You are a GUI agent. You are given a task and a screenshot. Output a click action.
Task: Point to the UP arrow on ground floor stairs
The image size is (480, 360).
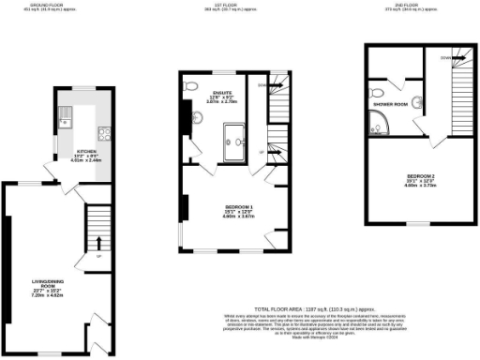click(x=98, y=254)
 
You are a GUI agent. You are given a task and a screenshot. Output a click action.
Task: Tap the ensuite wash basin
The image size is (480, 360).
click(x=195, y=118)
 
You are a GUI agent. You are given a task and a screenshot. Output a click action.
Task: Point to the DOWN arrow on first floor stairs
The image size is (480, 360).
click(x=262, y=84)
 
